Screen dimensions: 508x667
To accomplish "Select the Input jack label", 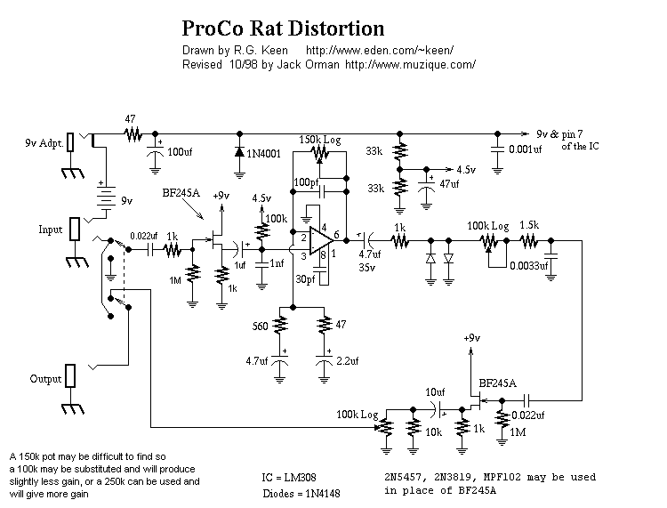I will click(x=50, y=229).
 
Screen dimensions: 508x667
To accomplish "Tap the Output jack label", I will click(x=46, y=378).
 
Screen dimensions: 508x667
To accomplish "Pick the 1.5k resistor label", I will click(x=529, y=225).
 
